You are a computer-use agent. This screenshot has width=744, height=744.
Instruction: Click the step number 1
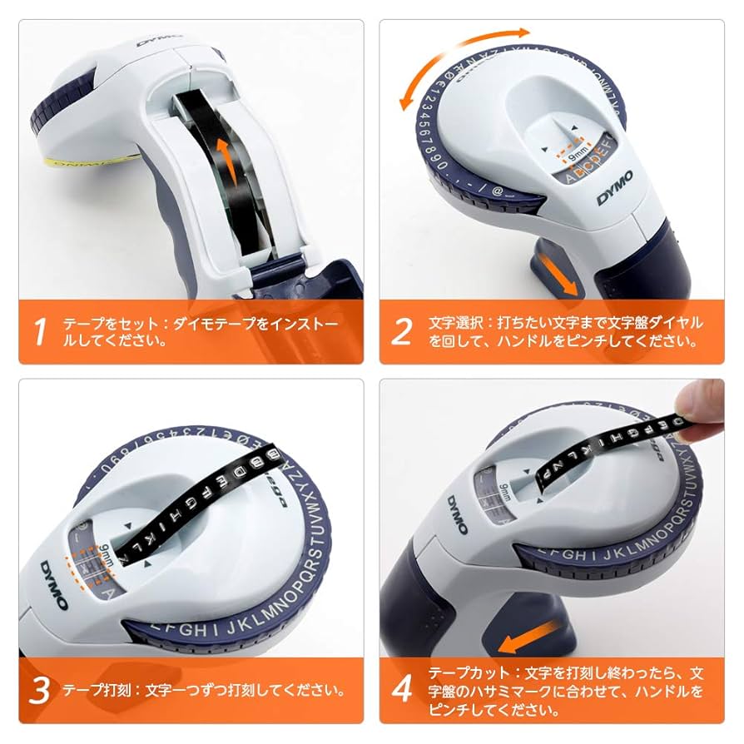pyautogui.click(x=39, y=330)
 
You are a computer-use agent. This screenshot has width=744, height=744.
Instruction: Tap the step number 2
pyautogui.click(x=401, y=330)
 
